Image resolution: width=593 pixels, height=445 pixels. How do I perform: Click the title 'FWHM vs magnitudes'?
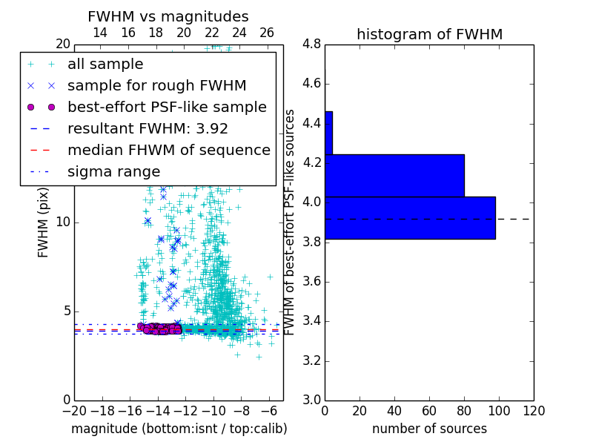point(168,17)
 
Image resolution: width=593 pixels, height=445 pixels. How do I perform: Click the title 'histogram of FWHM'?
point(429,34)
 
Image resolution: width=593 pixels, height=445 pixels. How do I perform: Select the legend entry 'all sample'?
point(105,65)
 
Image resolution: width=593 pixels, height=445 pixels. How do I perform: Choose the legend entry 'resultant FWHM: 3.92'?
point(148,129)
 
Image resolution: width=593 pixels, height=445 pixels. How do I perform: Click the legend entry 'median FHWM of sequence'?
point(168,151)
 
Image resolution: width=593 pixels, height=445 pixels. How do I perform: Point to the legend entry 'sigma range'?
point(113,172)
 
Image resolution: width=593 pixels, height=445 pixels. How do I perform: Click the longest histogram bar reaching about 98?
point(410,217)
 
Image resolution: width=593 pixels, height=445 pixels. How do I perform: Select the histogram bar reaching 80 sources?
point(394,175)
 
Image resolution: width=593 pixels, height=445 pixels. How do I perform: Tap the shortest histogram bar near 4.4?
point(328,133)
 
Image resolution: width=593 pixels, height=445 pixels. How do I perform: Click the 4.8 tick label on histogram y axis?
point(312,44)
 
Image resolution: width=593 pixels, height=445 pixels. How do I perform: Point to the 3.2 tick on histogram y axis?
point(312,361)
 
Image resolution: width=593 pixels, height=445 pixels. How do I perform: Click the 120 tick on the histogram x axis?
point(533,411)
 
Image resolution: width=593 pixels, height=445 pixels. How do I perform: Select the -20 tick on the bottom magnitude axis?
point(73,411)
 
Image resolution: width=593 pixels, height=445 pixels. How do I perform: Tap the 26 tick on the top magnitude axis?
point(267,33)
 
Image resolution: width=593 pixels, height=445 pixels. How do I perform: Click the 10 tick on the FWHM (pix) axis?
point(63,222)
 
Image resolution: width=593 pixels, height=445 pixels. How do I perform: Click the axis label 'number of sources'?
point(429,429)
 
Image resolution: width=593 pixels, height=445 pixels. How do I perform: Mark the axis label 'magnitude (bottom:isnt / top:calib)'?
point(179,429)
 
